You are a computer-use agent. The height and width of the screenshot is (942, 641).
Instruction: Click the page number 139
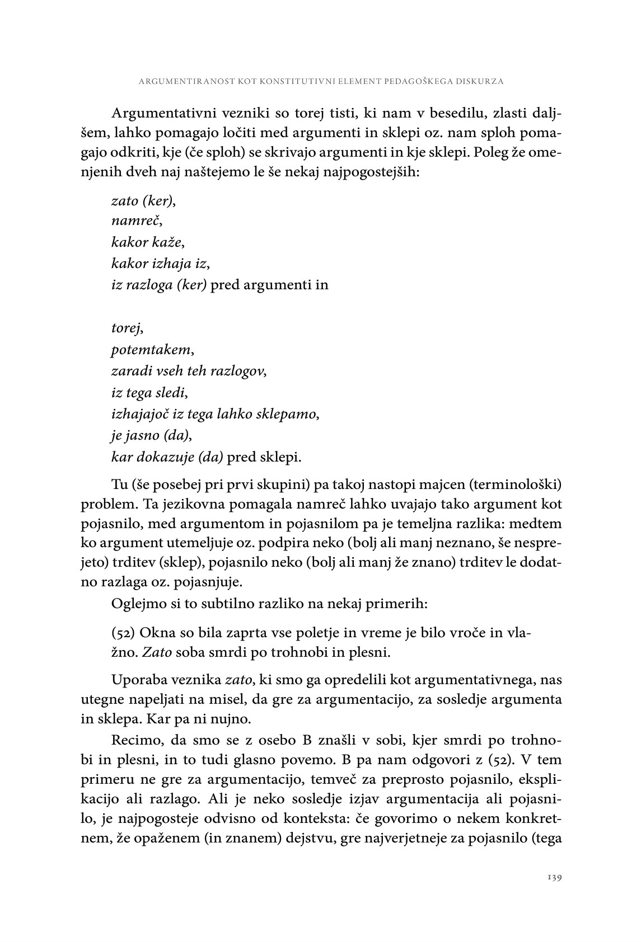tap(554, 878)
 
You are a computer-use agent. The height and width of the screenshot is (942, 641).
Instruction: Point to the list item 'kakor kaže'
tap(148, 242)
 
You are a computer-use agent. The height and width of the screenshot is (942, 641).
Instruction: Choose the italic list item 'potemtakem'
tap(153, 350)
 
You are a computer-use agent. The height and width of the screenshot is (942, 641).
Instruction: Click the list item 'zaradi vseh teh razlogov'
tap(189, 371)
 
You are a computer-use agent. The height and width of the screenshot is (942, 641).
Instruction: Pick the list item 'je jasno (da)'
tap(148, 435)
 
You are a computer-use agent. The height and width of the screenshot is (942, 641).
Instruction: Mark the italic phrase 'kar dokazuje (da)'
tap(167, 457)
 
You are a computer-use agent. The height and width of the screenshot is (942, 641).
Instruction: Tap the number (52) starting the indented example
tap(123, 633)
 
